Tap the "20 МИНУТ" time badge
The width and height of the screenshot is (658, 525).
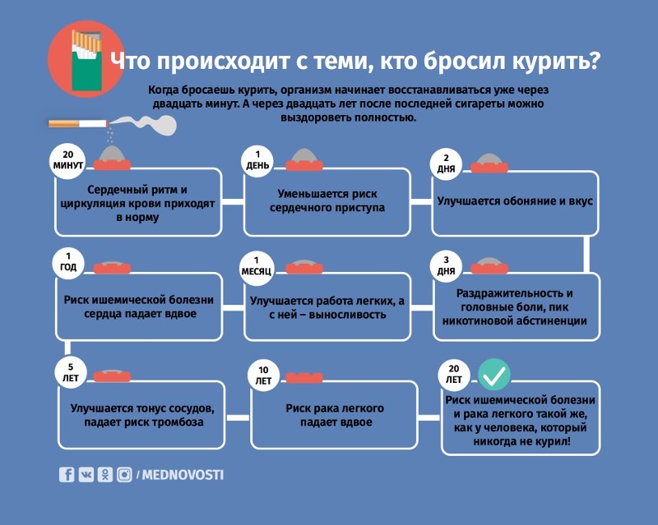pos(68,160)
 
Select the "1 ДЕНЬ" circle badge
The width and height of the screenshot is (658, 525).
pos(257,160)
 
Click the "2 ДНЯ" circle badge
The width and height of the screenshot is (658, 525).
pos(446,164)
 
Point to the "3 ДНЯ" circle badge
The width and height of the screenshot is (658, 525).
pos(446,266)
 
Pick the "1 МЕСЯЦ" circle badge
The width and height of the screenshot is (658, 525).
pos(257,266)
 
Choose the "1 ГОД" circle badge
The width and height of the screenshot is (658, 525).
pos(68,262)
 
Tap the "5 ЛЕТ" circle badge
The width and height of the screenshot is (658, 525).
pos(71,373)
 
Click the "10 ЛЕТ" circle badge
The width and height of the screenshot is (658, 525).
pos(263,375)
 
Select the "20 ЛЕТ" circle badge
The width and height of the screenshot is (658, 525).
pos(454,374)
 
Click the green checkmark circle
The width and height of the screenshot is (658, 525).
pos(494,375)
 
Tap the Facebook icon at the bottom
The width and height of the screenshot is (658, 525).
pos(67,475)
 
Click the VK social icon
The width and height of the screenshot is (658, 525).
pos(86,475)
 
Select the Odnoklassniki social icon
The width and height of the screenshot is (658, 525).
pos(105,475)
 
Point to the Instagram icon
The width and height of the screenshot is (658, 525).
pos(124,475)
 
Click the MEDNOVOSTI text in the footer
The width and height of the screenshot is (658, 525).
pos(183,475)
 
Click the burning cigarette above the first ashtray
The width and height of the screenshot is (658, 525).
pos(78,123)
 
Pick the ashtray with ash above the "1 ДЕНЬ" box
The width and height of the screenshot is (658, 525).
pos(304,159)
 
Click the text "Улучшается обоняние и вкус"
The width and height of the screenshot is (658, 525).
pos(515,200)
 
